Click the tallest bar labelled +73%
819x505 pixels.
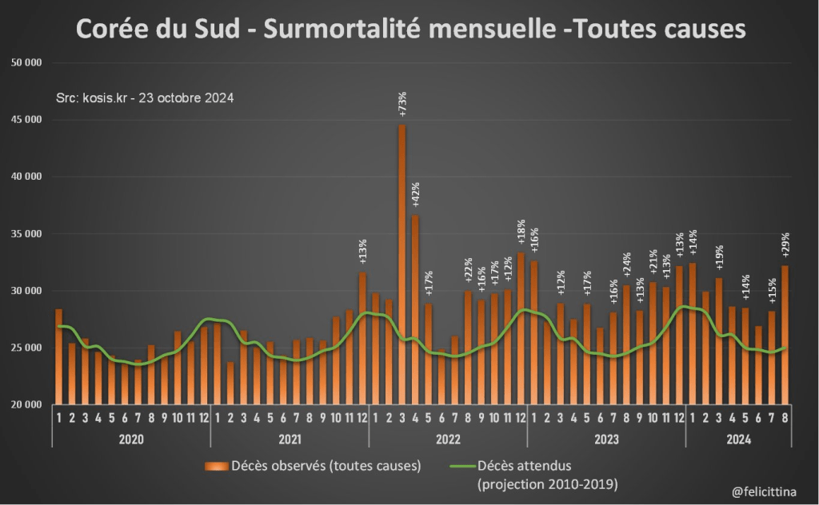(x=402, y=264)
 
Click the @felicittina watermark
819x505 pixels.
(x=763, y=490)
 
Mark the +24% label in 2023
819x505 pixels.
(x=626, y=264)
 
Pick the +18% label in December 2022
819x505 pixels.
(x=521, y=233)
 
